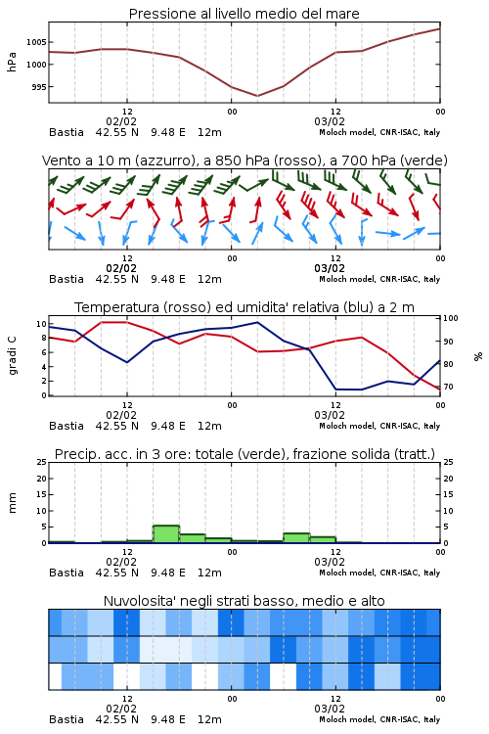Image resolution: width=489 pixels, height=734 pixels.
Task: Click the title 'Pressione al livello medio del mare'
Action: (244, 14)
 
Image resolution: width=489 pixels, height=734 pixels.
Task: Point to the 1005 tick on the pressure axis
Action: (36, 42)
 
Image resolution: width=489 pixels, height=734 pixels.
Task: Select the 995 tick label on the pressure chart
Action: (38, 87)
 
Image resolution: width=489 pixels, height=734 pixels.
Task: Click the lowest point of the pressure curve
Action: (257, 96)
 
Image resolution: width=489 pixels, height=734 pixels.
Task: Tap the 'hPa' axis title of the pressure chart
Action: (12, 62)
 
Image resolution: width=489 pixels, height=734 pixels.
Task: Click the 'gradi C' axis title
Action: (12, 355)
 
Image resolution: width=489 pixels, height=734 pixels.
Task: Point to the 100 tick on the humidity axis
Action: (451, 318)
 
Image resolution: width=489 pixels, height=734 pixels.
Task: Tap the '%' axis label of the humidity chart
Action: (478, 356)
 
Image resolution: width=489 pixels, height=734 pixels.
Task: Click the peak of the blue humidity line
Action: (257, 322)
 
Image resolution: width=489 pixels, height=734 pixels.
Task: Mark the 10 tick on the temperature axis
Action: (41, 324)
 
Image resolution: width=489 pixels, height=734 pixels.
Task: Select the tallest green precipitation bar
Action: (166, 534)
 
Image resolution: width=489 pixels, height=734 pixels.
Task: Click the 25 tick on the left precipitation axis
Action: (42, 462)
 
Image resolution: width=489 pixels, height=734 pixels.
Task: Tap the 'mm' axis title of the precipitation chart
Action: (12, 503)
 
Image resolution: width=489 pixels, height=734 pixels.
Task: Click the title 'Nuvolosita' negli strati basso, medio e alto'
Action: (244, 601)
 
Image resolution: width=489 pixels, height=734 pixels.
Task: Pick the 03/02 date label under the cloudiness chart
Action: (330, 709)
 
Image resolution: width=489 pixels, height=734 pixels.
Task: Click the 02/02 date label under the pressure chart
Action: (121, 121)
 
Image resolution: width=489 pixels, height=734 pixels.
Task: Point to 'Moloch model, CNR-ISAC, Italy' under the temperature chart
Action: (379, 426)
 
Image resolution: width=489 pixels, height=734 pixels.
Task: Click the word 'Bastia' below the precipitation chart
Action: (67, 573)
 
